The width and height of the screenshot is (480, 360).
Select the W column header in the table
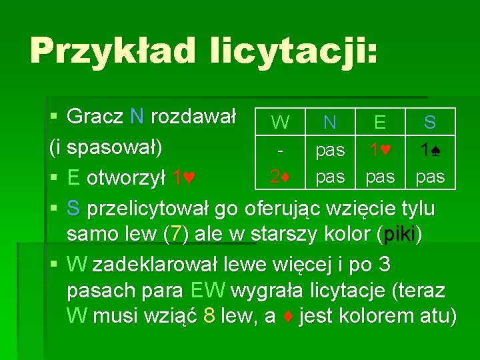click(281, 123)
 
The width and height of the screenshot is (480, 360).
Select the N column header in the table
click(329, 122)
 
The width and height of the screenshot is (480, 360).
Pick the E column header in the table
click(380, 122)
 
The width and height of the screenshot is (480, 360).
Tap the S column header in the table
click(430, 122)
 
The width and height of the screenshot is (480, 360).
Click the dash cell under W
click(281, 149)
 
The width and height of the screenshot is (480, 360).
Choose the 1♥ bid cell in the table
click(380, 149)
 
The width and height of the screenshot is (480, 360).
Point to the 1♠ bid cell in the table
click(430, 149)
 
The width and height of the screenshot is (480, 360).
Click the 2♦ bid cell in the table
click(280, 177)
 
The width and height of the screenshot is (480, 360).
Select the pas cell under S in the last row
click(430, 177)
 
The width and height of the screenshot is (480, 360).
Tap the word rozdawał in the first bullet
click(193, 117)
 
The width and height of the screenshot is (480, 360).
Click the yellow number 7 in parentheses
click(175, 235)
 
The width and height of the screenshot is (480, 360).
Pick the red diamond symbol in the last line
click(289, 317)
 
